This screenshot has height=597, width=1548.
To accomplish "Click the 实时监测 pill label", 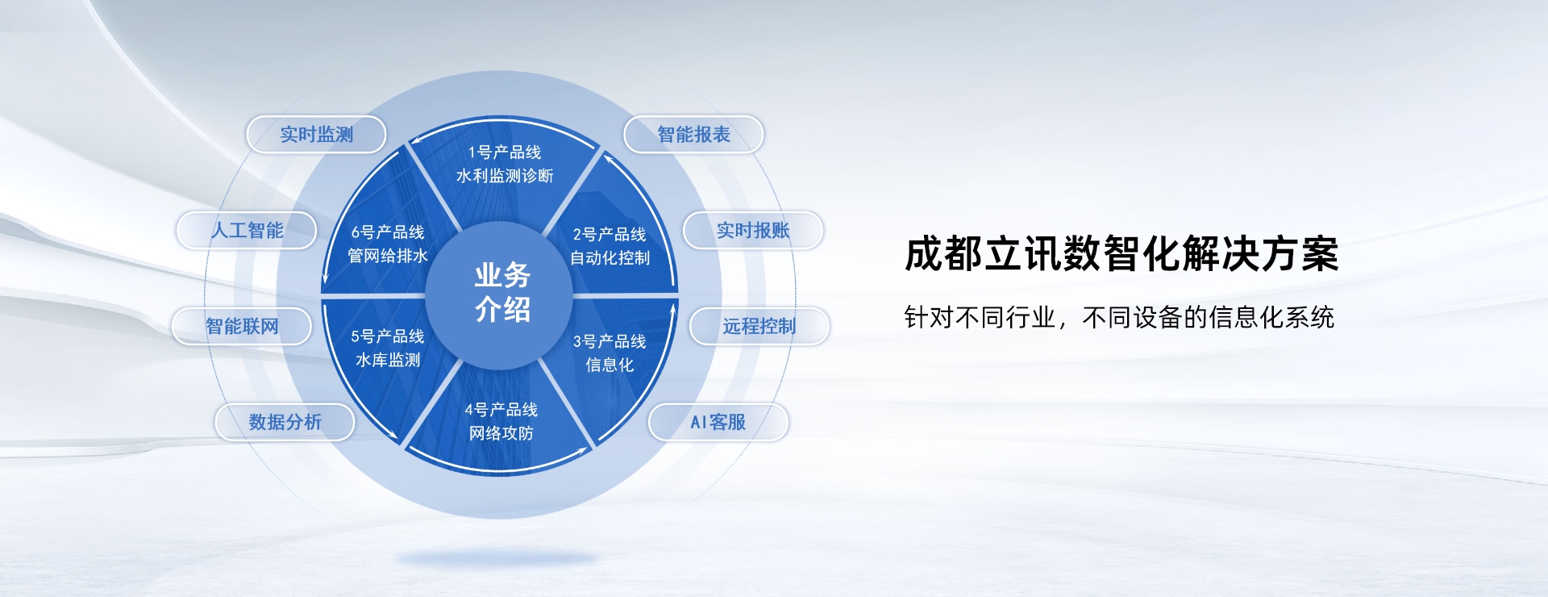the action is tap(316, 135).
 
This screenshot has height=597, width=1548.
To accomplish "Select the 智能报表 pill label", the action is tap(693, 135).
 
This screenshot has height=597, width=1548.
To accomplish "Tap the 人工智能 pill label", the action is tap(247, 231).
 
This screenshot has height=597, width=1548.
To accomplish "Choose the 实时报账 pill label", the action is tap(753, 231).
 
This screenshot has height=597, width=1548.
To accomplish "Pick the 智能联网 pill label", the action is tap(242, 327).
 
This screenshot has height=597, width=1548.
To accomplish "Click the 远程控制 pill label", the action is tap(759, 327).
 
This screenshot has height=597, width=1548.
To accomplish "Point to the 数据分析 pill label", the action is tap(285, 422).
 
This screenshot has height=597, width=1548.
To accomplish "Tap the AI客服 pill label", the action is tap(718, 422).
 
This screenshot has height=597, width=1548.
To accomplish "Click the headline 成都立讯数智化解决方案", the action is tap(1121, 254).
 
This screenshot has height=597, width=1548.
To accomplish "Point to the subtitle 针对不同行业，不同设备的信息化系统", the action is tap(1119, 318).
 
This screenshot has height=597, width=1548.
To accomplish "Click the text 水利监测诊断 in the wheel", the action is tap(505, 176).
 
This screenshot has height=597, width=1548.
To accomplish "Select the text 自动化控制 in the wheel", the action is tap(610, 258).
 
